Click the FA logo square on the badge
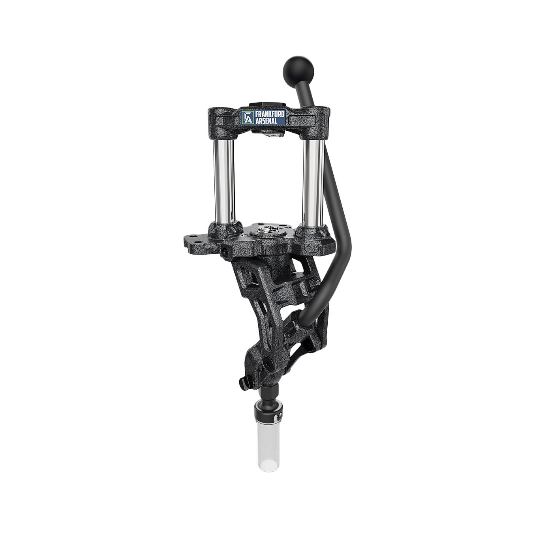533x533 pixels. (x=248, y=117)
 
